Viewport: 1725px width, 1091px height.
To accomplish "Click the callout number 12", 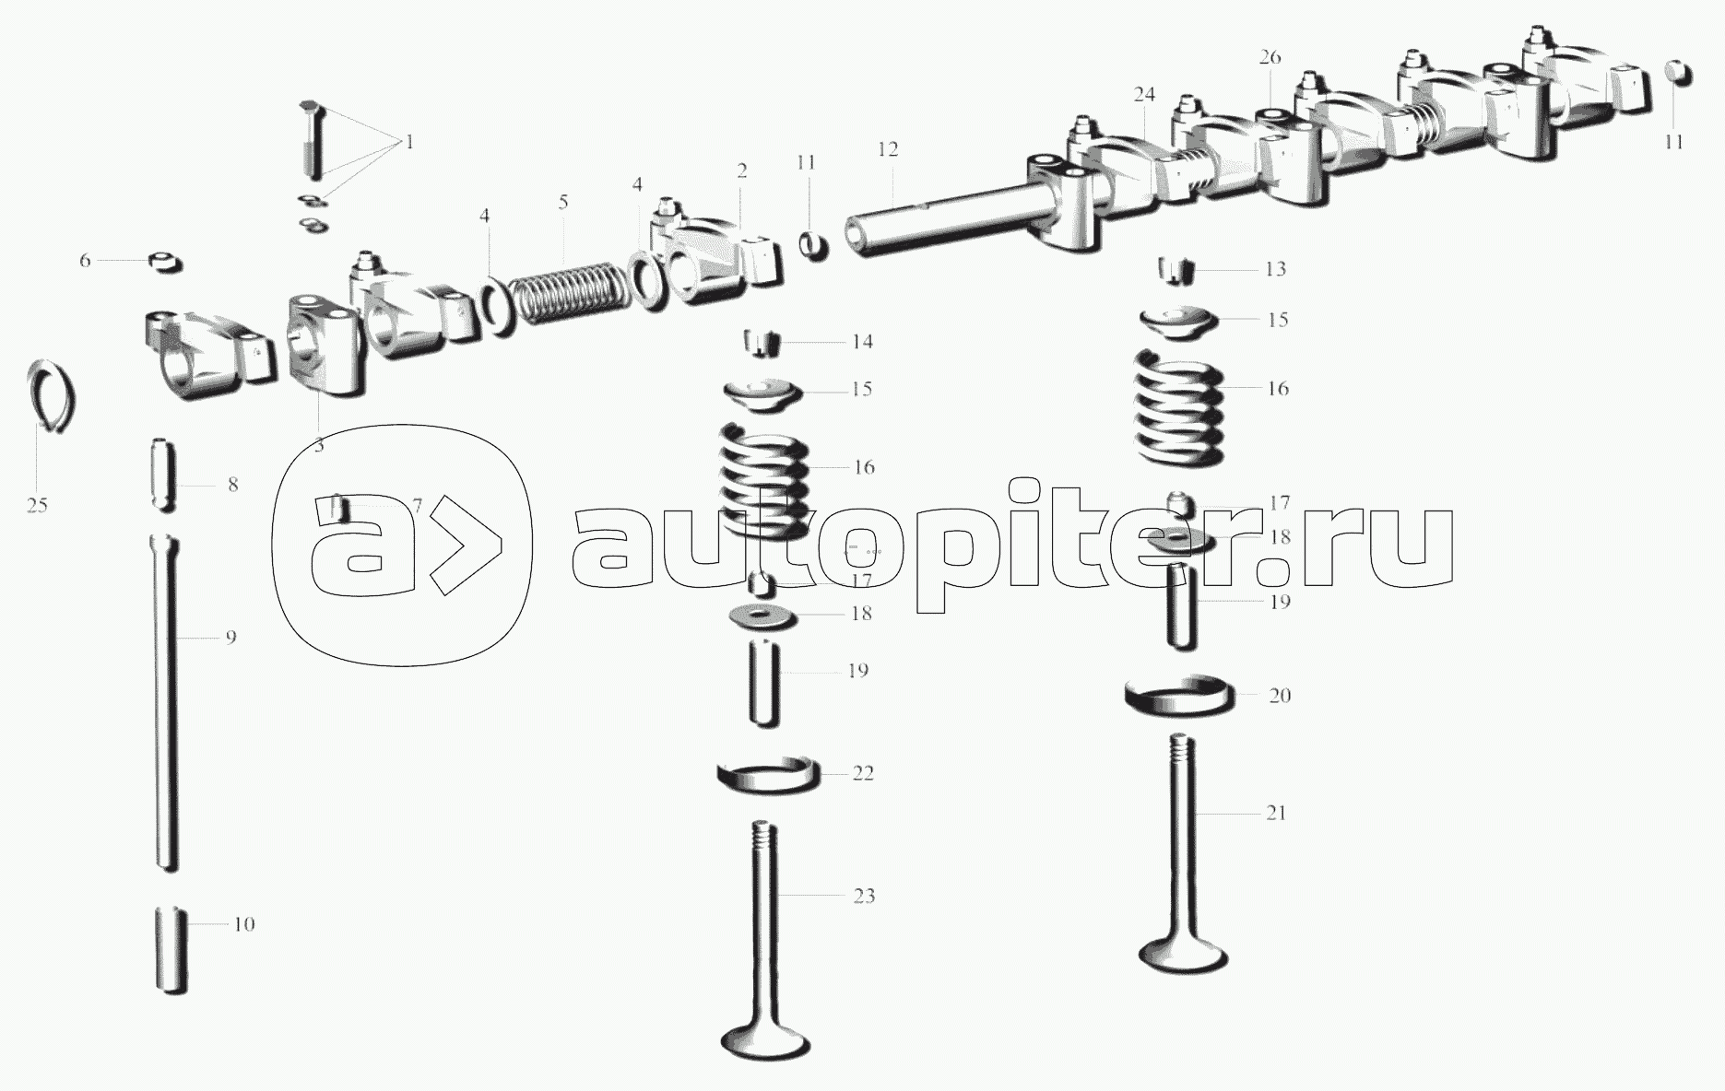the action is pos(888,149).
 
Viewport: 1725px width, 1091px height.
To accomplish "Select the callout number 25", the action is pos(37,505).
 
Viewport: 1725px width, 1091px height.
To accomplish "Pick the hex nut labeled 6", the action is pos(165,262).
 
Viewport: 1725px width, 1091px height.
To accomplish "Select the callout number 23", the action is pos(863,896).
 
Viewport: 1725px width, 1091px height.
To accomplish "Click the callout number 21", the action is pos(1275,813).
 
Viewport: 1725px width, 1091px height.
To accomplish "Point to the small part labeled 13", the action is pos(1176,270).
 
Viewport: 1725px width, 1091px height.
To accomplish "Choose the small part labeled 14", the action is pos(762,343).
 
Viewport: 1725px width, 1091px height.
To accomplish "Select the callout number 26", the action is pos(1270,57).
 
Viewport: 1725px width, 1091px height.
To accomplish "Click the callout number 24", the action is pos(1144,95).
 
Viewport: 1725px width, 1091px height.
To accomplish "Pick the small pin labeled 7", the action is pos(338,508).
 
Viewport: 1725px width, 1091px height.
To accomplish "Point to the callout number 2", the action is pos(741,171).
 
